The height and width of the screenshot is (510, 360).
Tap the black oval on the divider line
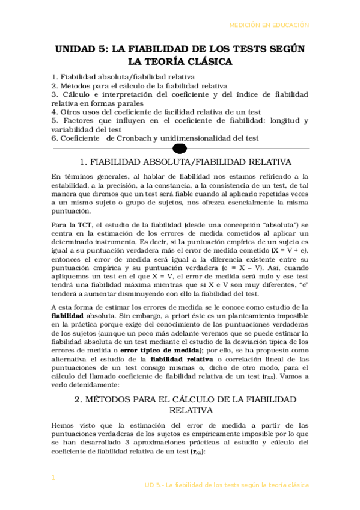[180, 148]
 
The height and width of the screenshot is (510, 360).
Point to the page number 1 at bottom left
[53, 477]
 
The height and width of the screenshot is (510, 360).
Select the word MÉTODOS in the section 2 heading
[111, 399]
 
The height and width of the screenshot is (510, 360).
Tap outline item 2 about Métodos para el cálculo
[130, 86]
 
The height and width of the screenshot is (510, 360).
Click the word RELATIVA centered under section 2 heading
[180, 411]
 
